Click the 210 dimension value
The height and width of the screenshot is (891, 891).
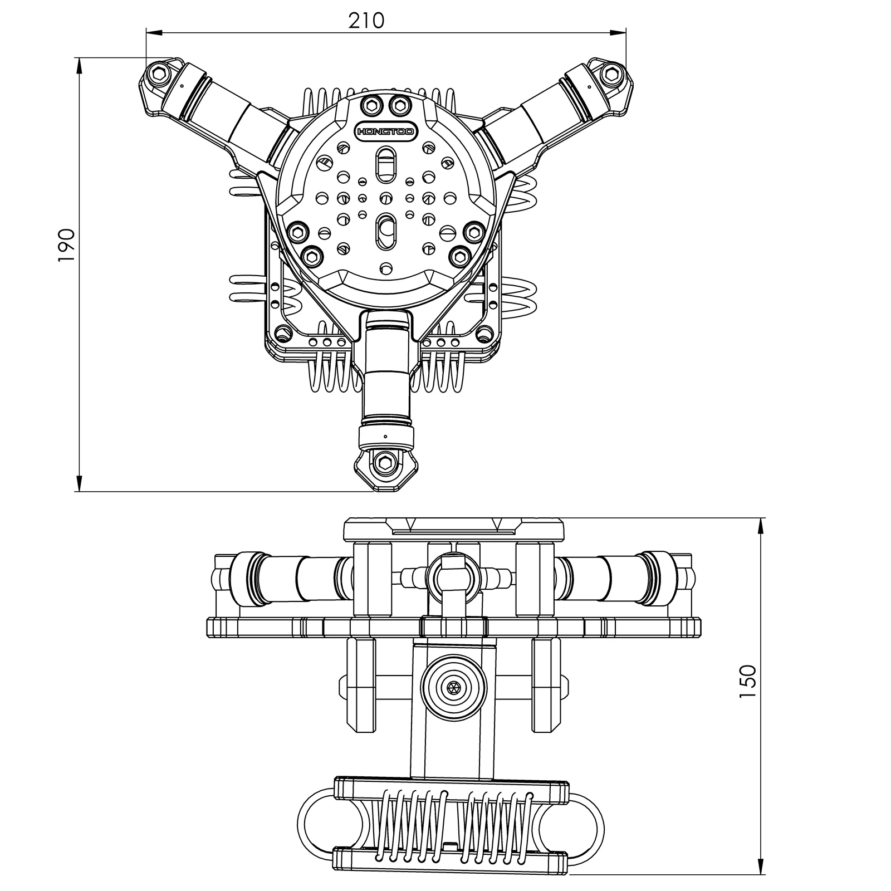tap(366, 21)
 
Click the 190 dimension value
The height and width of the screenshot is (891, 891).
tap(66, 245)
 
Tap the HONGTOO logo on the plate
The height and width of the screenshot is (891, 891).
tap(384, 132)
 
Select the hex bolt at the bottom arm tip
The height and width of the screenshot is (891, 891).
tap(384, 461)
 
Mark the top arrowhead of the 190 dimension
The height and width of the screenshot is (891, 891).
tap(79, 65)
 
